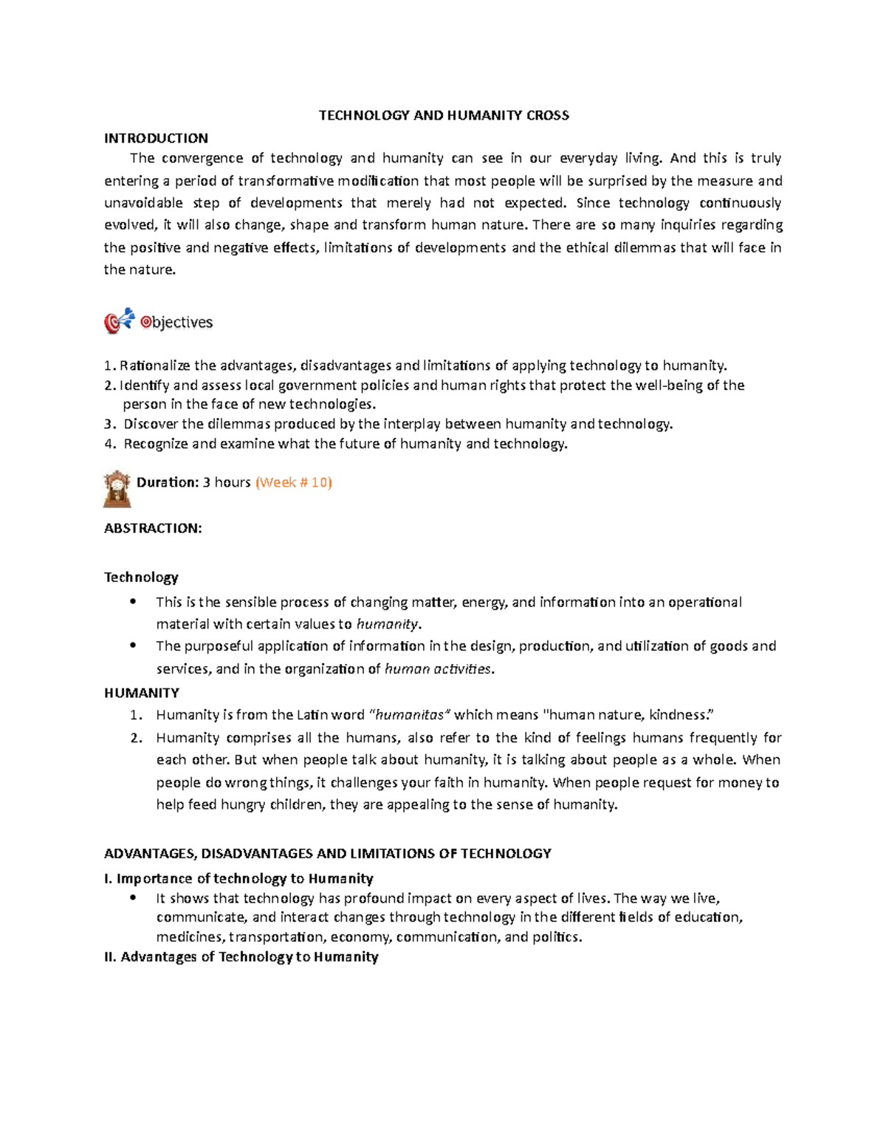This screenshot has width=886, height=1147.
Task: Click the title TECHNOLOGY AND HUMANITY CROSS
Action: coord(443,115)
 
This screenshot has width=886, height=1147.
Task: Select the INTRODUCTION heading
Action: coord(156,138)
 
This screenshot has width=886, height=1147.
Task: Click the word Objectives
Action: coord(177,322)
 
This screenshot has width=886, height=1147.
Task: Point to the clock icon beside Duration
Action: coord(117,488)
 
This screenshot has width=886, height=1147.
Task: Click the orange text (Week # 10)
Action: coord(293,482)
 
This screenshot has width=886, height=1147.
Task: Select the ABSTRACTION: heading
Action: coord(153,528)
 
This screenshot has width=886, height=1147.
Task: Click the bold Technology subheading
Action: coord(141,577)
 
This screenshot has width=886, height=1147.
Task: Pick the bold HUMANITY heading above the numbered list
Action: coord(141,693)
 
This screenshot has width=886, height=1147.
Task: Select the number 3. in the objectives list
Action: coord(109,424)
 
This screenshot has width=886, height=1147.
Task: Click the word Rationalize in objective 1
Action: coord(154,366)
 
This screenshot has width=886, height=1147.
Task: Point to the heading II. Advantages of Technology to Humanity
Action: coord(241,957)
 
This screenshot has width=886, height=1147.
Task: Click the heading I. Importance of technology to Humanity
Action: coord(238,878)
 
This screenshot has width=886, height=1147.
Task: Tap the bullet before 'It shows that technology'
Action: coord(133,898)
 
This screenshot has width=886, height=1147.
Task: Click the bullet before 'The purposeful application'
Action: coord(133,646)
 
